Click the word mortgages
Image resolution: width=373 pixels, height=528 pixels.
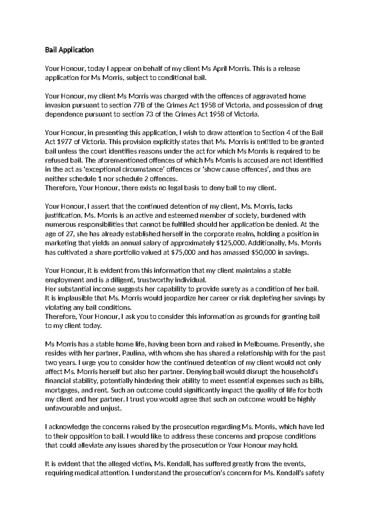pyautogui.click(x=61, y=390)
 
